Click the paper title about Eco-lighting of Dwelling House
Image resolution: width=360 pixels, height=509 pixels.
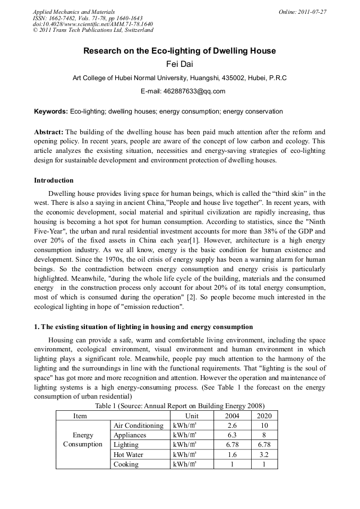point(179,51)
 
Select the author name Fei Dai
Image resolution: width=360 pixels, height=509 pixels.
point(179,65)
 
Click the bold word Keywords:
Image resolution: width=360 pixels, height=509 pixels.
point(51,111)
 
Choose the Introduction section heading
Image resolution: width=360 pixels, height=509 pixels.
point(54,180)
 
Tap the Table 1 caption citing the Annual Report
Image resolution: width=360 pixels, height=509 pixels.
point(179,406)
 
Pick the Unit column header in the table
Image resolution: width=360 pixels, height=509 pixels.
point(192,416)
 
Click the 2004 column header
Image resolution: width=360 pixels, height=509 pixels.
point(232,416)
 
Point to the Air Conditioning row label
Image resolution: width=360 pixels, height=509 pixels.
point(139,426)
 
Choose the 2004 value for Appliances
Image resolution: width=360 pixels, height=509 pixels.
point(232,435)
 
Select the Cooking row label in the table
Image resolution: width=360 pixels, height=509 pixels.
point(126,464)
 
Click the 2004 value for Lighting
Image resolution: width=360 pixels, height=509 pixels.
point(232,445)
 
